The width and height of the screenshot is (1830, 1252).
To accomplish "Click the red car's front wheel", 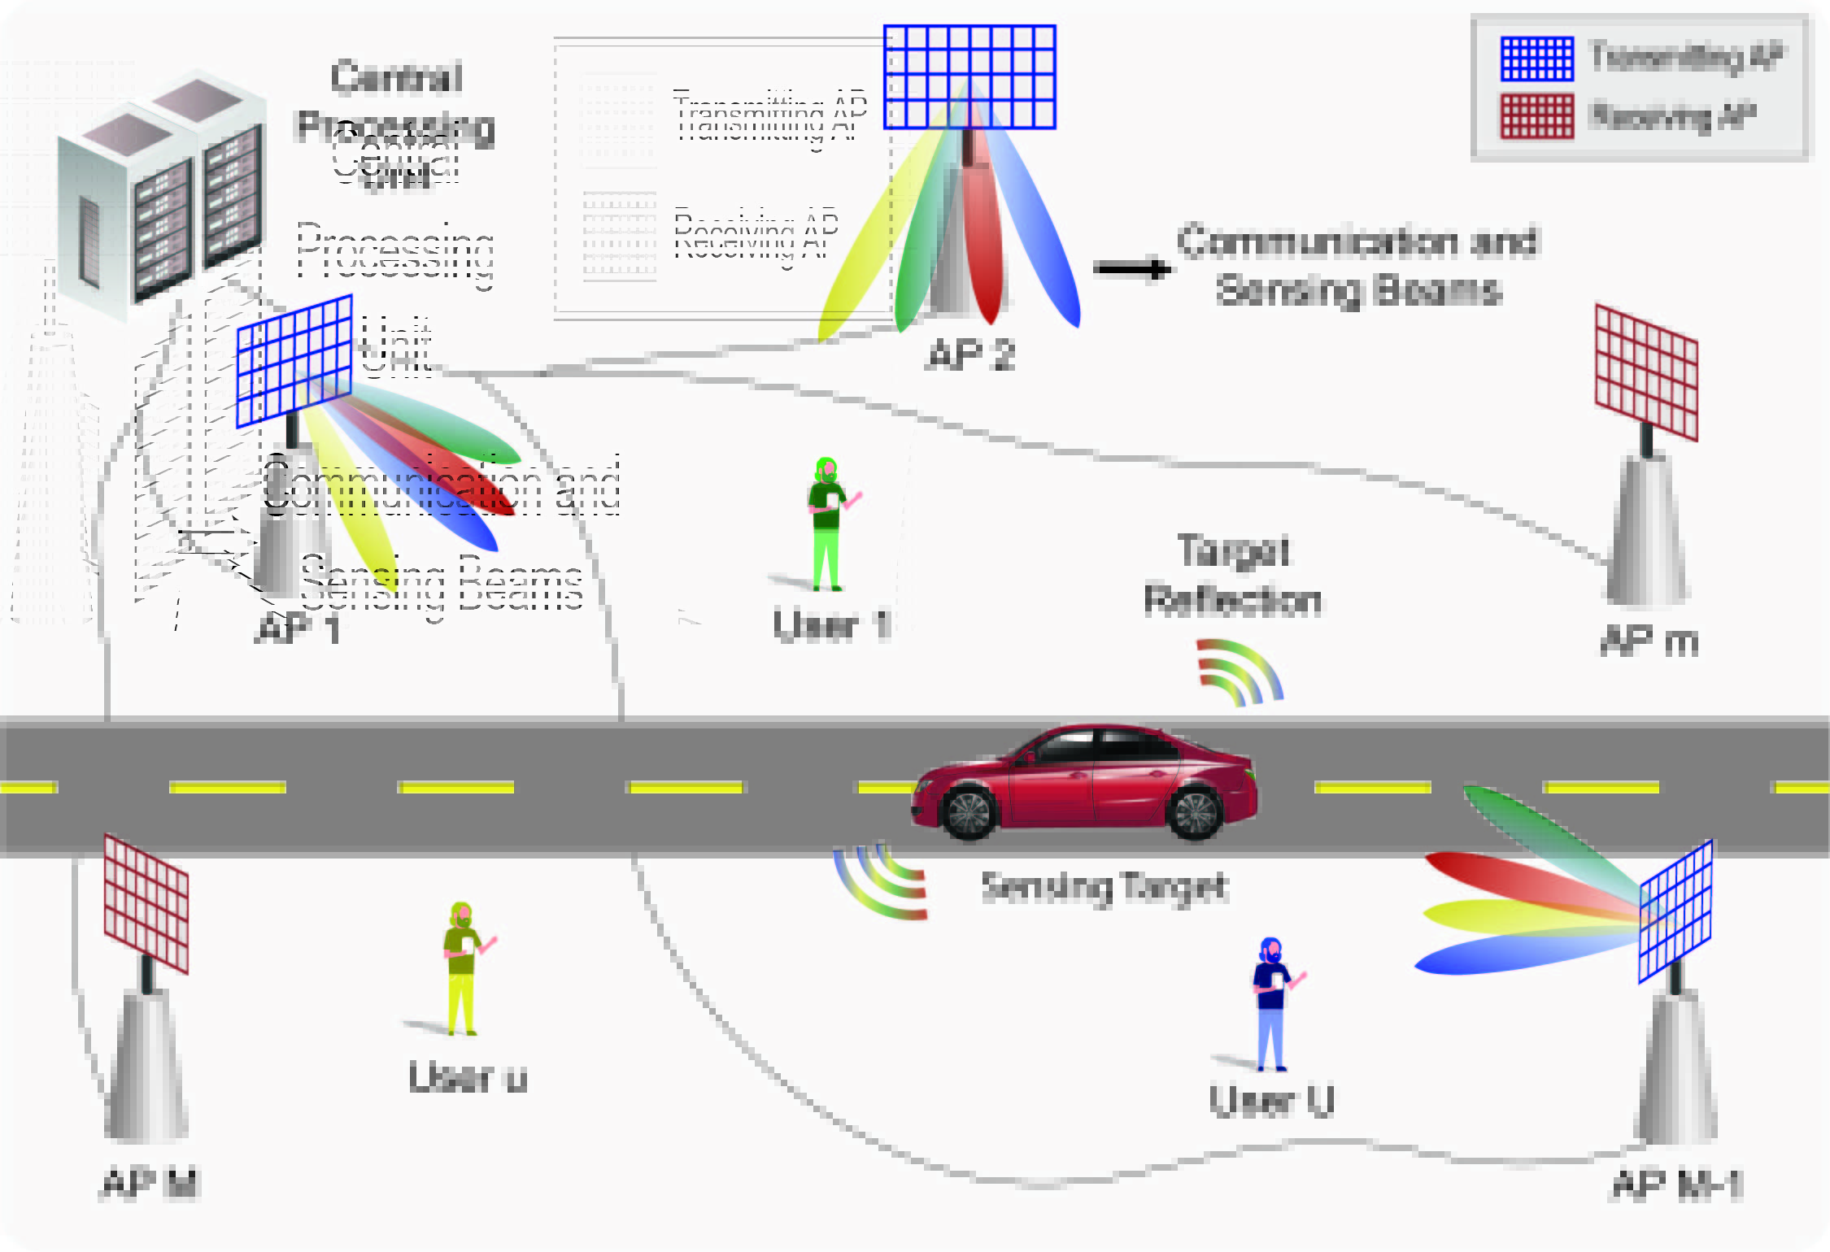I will coord(968,812).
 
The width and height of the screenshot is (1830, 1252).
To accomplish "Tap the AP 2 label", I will coord(971,355).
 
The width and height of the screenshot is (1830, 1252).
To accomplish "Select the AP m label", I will coord(1649,641).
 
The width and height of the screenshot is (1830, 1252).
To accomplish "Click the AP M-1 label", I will coord(1677,1185).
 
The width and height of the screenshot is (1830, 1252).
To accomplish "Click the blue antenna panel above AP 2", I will coord(969,77).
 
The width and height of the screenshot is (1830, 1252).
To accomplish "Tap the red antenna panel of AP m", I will coord(1646,372).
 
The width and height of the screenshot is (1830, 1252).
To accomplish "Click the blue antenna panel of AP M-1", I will coord(1675,911).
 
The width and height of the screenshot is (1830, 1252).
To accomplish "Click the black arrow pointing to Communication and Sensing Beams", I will coord(1131,269).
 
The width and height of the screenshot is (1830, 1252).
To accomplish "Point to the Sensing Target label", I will coord(1104,886).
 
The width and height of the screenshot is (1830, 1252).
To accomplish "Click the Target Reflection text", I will coord(1232,576).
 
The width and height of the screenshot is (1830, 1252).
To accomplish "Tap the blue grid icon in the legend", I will coord(1536,59).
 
